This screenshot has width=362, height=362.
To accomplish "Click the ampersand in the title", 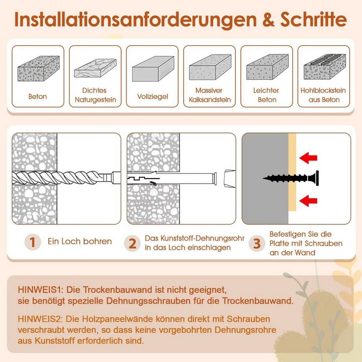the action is (x=268, y=20).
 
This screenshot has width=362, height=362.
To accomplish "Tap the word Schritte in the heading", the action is (x=314, y=19).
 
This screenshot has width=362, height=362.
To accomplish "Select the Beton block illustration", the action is (x=39, y=68).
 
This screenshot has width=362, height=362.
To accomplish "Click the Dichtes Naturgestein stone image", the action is (x=95, y=68).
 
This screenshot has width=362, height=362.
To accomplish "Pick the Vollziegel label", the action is (x=152, y=96).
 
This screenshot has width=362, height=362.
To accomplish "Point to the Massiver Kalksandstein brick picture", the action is (x=210, y=67).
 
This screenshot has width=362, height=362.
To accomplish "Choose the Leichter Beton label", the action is (x=266, y=95).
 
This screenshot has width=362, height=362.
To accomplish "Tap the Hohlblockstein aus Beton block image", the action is (x=325, y=67).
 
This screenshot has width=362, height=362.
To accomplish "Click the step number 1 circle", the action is (x=33, y=242).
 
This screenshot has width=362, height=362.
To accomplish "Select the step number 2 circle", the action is (x=132, y=243).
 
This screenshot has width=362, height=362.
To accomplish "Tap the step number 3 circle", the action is (x=257, y=243).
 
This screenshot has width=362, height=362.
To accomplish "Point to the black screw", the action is (x=291, y=178).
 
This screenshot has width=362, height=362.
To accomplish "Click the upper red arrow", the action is (x=308, y=158).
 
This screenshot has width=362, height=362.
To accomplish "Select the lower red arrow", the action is (x=308, y=201).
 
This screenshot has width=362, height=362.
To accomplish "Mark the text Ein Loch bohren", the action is (x=79, y=242).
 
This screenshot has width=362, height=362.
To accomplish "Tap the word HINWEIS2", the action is (x=40, y=319).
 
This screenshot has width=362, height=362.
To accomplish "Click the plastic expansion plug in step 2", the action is (x=172, y=178).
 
